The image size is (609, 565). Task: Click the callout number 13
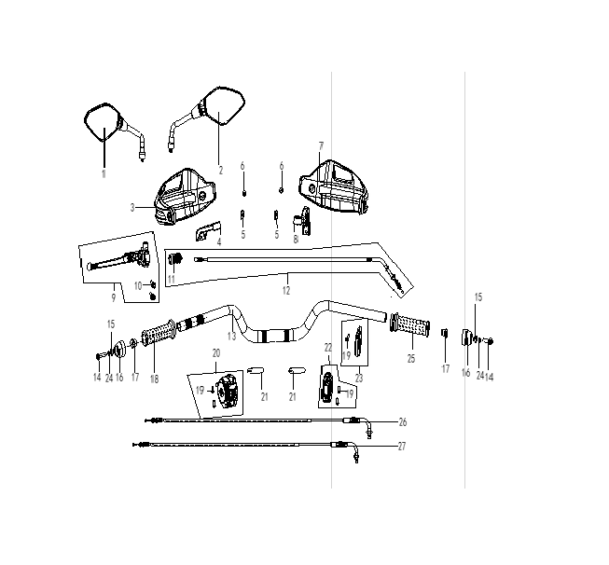(232, 336)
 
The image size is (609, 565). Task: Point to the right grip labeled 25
(410, 324)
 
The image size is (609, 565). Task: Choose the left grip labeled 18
(159, 333)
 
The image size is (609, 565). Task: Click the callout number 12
(286, 291)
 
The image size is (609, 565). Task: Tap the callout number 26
(403, 422)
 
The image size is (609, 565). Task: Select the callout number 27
(402, 447)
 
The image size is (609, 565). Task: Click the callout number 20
(216, 353)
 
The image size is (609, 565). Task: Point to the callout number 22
(328, 348)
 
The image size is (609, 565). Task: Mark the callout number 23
(359, 378)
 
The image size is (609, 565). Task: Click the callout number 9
(114, 297)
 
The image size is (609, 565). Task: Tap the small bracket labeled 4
(208, 232)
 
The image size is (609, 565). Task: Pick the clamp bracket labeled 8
(303, 221)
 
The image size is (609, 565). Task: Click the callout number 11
(172, 279)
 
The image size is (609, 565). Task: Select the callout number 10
(138, 286)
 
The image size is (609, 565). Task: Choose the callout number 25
(411, 359)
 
